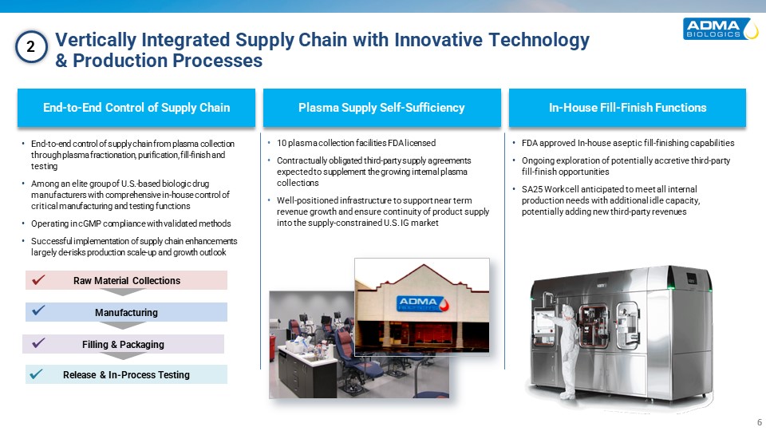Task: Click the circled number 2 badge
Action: coord(31,47)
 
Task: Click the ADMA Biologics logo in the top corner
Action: coord(721,29)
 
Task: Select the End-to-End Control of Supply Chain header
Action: coord(136,108)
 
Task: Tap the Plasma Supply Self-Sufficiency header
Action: coord(381,108)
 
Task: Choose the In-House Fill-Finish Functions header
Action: coord(627,108)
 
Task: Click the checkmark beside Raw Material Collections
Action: coord(38,280)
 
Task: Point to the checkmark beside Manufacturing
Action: coord(38,310)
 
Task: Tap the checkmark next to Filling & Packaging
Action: coord(38,343)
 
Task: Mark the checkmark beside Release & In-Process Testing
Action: coord(36,374)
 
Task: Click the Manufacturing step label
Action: coord(126,312)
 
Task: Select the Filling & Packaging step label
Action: coord(123,345)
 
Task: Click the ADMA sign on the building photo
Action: coord(422,303)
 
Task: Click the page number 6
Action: coord(759,422)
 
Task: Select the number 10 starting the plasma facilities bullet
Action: coord(282,143)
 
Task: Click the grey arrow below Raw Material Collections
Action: coord(122,292)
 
